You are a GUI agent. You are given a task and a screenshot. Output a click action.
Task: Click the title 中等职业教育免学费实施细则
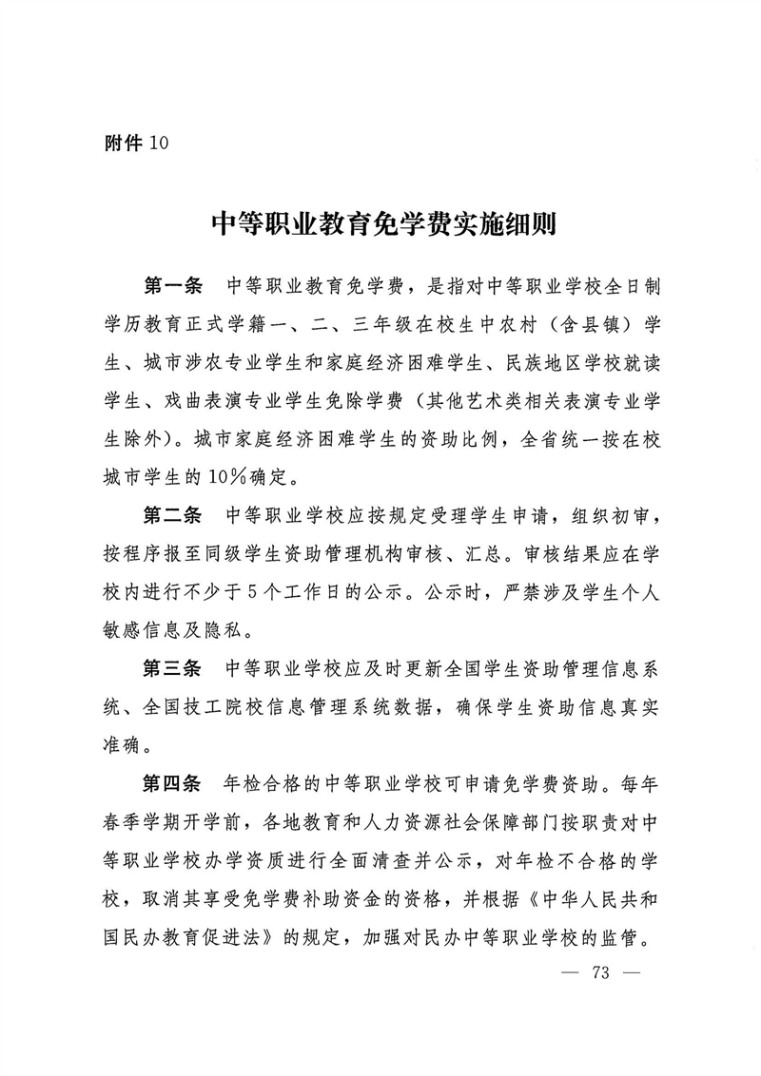click(x=380, y=227)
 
